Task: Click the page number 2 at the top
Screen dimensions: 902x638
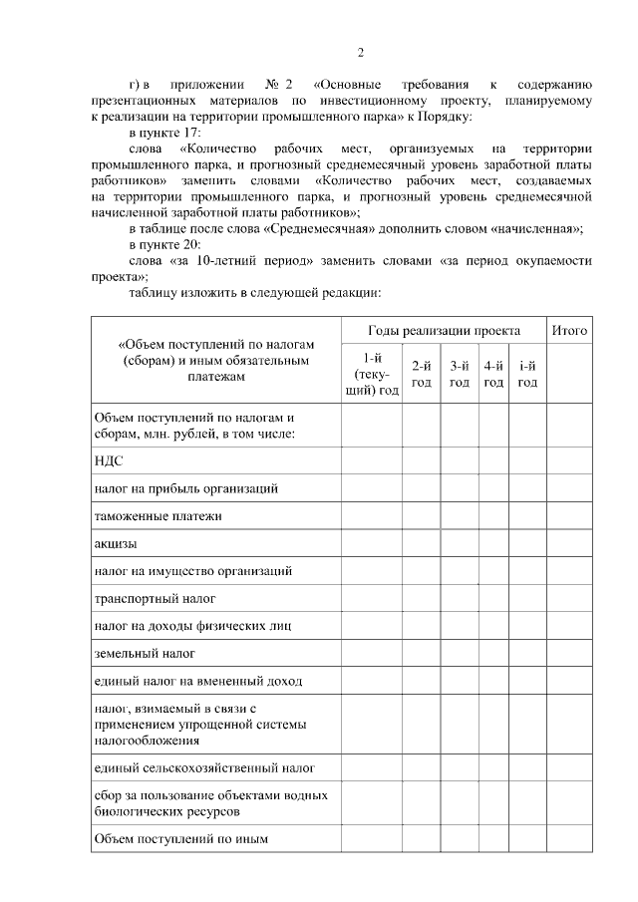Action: tap(361, 53)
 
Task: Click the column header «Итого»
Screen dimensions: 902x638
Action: tap(569, 330)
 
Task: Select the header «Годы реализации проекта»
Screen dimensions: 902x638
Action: tap(444, 330)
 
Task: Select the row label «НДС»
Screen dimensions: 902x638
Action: tap(109, 461)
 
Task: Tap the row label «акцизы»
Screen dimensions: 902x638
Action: tap(116, 544)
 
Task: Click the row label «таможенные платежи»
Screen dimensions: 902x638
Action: tap(157, 516)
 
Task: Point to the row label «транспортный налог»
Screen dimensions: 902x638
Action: tap(155, 599)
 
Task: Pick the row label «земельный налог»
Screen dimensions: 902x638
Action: tap(145, 654)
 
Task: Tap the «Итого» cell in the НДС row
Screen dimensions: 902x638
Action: tap(569, 461)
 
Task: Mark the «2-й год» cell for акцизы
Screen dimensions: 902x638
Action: tap(422, 544)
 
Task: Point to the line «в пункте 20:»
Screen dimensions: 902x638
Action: tap(165, 244)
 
